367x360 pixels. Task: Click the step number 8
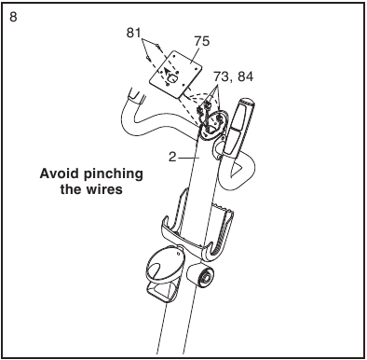13,17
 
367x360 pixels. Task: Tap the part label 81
134,33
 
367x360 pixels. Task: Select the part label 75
202,41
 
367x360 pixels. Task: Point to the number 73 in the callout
222,76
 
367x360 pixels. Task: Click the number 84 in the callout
245,76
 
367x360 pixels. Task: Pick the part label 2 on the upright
172,158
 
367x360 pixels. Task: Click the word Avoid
59,173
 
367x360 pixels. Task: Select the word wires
104,189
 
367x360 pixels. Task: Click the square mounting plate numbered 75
175,74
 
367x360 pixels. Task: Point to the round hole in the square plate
171,77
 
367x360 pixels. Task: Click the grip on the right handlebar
239,128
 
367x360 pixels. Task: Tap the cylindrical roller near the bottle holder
200,275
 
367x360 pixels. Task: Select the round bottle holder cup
164,264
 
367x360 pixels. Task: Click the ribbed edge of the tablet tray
224,230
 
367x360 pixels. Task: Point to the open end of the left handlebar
137,93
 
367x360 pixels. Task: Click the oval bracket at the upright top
213,125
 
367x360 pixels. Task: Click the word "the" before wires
71,189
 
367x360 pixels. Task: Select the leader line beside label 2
188,158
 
